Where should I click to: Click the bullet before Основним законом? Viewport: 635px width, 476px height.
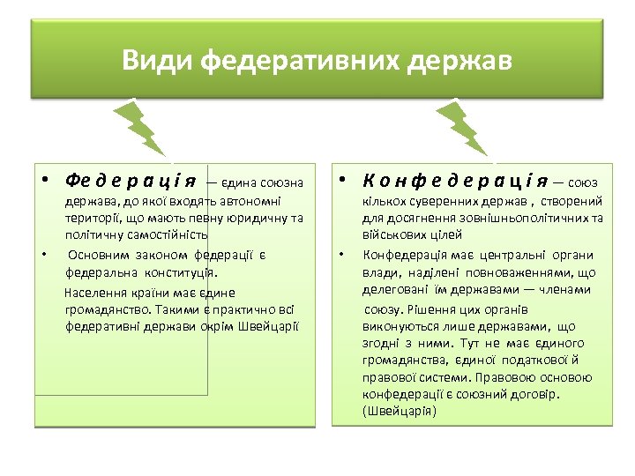tap(43, 256)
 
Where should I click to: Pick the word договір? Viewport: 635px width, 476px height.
tap(539, 394)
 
